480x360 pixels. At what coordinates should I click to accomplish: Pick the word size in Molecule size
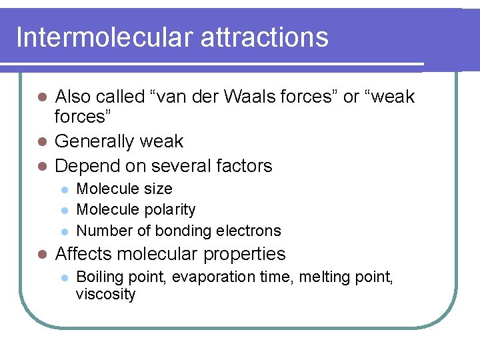158,189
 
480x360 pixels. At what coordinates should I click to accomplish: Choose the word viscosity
105,295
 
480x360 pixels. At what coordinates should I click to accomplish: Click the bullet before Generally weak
41,142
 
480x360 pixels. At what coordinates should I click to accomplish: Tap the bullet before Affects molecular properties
41,255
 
